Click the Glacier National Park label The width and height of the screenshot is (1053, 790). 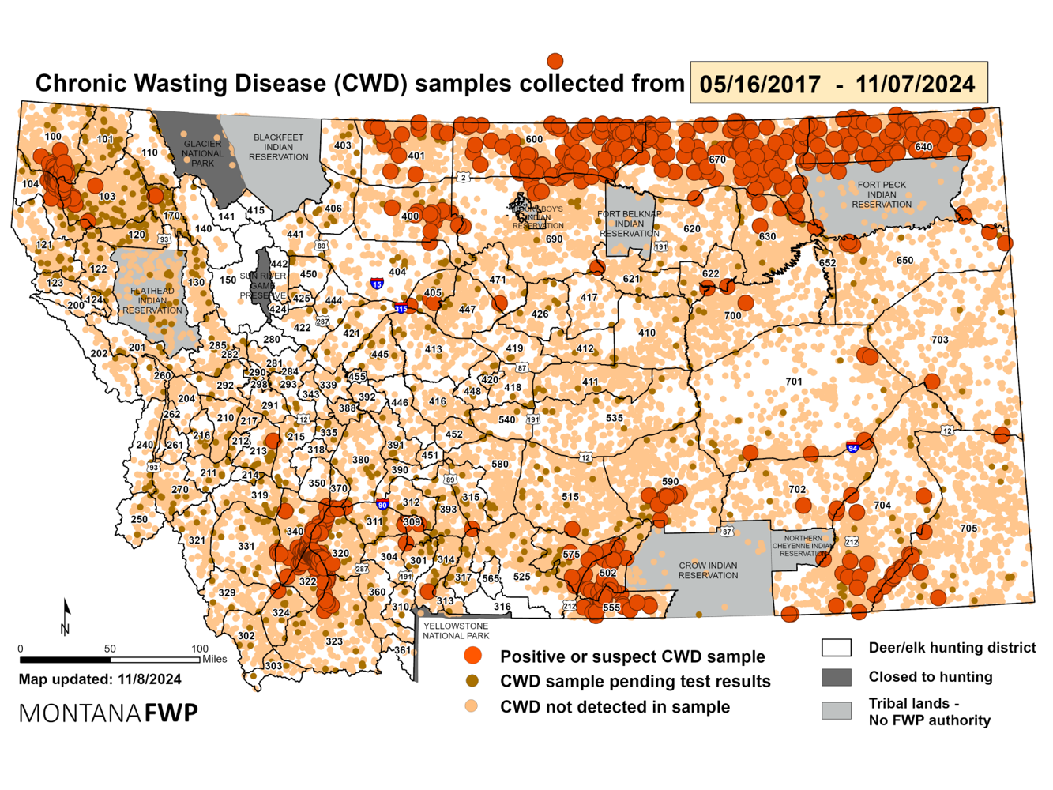[x=202, y=153]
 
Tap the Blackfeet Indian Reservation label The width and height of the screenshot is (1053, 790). [x=278, y=147]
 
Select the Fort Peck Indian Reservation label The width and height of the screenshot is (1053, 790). [x=882, y=194]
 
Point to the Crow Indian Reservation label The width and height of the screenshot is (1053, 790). [x=708, y=570]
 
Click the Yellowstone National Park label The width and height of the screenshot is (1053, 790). [x=455, y=630]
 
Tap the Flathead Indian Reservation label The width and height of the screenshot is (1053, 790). [x=152, y=300]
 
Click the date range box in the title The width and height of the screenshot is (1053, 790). [x=838, y=84]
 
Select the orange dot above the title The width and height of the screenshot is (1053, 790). [x=555, y=61]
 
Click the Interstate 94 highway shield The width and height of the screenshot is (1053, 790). [x=852, y=448]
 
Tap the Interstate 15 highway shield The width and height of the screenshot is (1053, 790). [x=377, y=284]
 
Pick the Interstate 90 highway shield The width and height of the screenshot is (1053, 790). [x=382, y=505]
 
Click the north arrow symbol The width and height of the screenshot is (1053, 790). [x=66, y=617]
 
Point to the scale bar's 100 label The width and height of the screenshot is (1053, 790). [x=199, y=649]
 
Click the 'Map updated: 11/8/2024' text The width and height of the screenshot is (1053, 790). [x=100, y=679]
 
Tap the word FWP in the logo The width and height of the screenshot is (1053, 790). [x=171, y=713]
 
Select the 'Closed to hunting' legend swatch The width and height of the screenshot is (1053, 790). [x=836, y=677]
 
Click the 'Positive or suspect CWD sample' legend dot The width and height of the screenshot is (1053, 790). [x=472, y=656]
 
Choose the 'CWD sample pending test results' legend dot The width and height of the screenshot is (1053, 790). [x=472, y=681]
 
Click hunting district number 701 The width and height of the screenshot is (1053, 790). [x=794, y=382]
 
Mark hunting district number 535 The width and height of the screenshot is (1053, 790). [x=614, y=418]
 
